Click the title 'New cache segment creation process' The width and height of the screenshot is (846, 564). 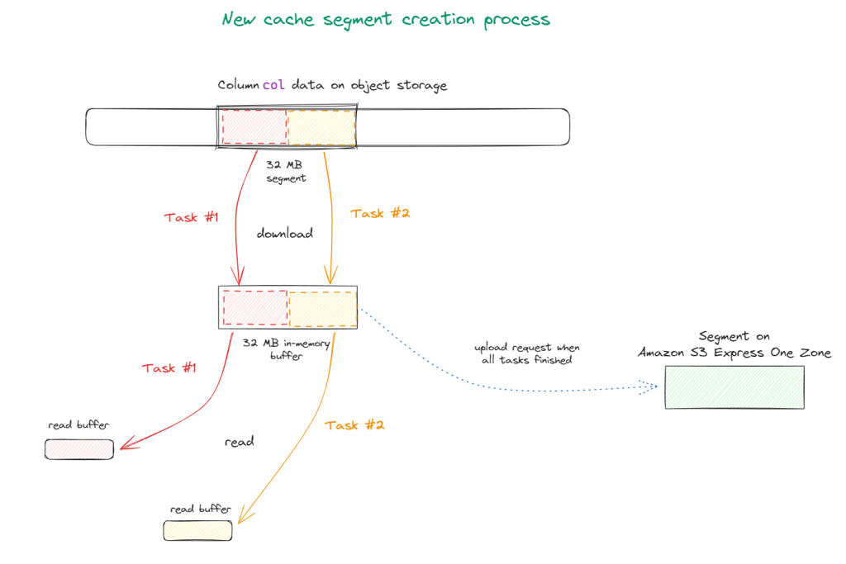[x=385, y=19]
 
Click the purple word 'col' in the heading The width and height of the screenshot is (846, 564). [x=273, y=85]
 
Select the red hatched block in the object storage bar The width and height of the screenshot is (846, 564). [x=254, y=127]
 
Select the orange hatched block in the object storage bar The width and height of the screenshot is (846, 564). [x=321, y=127]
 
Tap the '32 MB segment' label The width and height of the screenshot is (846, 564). [x=285, y=171]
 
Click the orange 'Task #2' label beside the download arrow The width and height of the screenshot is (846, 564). [x=380, y=213]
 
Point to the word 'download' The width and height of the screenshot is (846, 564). [x=284, y=234]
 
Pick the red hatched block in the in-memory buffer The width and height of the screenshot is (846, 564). [x=254, y=308]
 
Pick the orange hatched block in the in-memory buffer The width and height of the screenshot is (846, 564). [x=322, y=308]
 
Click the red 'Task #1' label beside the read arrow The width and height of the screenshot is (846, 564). [x=169, y=367]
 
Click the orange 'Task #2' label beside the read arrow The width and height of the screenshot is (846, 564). [x=355, y=425]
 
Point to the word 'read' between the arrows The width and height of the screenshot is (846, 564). [x=239, y=442]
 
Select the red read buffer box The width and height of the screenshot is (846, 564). [x=79, y=449]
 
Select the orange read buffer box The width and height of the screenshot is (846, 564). [x=197, y=531]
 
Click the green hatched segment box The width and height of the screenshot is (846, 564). [x=734, y=387]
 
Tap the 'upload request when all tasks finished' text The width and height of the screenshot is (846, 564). [x=526, y=353]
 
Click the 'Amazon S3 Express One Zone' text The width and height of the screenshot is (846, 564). [x=734, y=353]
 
